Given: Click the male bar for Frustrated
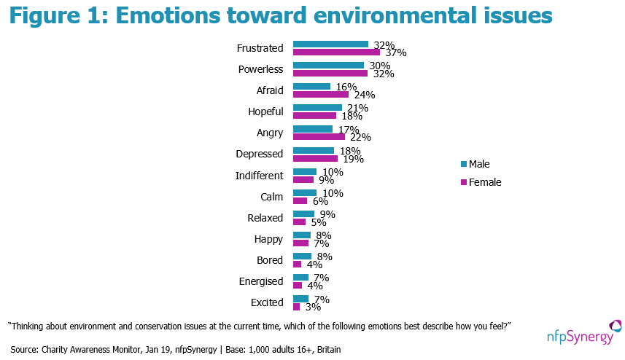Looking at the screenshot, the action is [x=330, y=44].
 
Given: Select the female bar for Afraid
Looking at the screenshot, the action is [x=321, y=95].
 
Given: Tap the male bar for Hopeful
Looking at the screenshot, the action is [x=318, y=108].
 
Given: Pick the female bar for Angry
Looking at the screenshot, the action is [x=319, y=136].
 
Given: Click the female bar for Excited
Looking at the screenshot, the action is [x=297, y=307].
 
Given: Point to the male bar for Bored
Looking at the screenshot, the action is [x=302, y=256].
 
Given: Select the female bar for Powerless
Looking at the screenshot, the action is [x=330, y=74].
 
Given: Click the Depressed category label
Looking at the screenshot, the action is [x=260, y=154].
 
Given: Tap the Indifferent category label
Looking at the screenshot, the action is [x=260, y=176].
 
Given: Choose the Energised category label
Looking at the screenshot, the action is [x=261, y=281].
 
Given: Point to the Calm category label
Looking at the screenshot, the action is [x=272, y=197].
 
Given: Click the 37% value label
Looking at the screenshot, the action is [x=396, y=52].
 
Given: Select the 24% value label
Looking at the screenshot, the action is [x=365, y=95].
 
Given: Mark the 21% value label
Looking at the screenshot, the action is [x=358, y=108].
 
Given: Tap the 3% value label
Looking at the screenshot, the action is [x=314, y=307].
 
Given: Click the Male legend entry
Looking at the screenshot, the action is [x=475, y=164].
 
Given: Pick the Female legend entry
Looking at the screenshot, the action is [x=481, y=182].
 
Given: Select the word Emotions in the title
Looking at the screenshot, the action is [x=168, y=15].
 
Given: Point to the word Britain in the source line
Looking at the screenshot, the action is [x=329, y=350].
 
